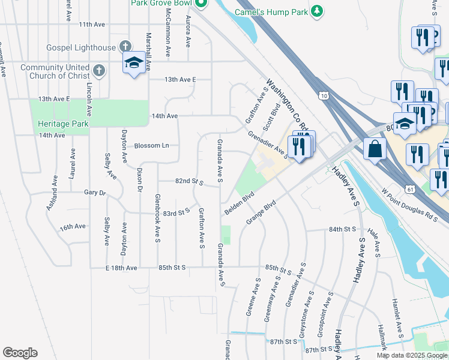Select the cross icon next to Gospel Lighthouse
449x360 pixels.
[x=125, y=47]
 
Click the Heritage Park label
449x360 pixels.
[x=62, y=124]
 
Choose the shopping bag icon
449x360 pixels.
[x=375, y=149]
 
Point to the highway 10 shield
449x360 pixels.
[x=324, y=95]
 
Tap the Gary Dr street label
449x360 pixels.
[x=94, y=193]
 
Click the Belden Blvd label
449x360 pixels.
[x=240, y=205]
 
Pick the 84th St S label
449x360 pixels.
[x=343, y=229]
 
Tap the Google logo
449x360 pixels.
[x=20, y=353]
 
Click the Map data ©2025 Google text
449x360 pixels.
[x=411, y=355]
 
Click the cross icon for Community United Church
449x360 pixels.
[x=99, y=71]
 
